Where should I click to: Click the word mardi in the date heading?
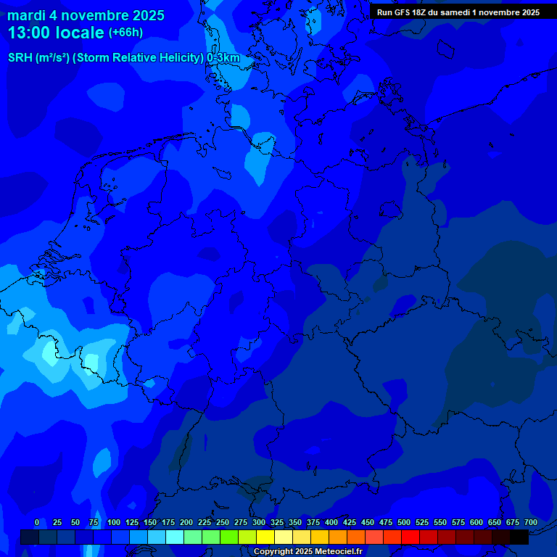coord(26,15)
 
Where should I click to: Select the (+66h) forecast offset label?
coord(125,33)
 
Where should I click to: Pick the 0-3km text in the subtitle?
coord(223,57)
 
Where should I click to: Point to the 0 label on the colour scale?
coord(37,522)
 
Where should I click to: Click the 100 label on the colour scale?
coord(114,522)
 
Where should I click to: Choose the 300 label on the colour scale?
coord(259,522)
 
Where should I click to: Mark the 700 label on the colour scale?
coord(531,522)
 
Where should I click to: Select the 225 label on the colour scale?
coord(205,522)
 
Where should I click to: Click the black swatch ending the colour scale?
coord(519,537)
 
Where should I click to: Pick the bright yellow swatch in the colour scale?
coord(265,537)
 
